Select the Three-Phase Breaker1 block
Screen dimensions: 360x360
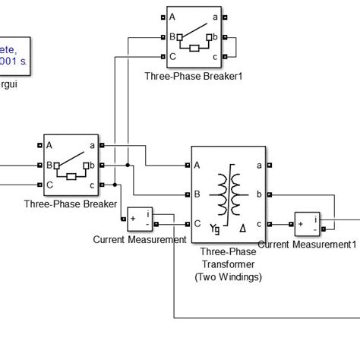coord(194,36)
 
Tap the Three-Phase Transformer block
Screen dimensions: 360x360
coord(228,194)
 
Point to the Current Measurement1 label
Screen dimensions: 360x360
coord(307,245)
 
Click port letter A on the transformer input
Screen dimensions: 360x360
coord(197,166)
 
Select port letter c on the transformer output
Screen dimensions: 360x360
coord(259,223)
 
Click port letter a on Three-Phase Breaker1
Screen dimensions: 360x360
coord(215,17)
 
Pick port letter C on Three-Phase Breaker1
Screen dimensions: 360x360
coord(173,56)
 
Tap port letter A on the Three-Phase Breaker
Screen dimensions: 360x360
coord(49,145)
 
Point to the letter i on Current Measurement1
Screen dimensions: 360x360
coord(317,217)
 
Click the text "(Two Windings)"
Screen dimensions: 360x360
coord(228,277)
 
